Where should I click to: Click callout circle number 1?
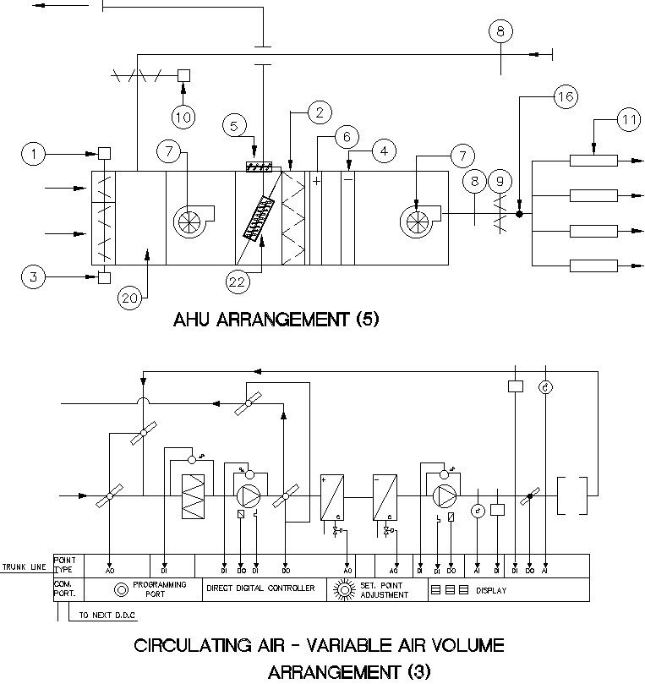[35, 154]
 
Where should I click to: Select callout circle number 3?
[35, 276]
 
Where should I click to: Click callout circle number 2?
[319, 112]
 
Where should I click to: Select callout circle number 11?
[627, 121]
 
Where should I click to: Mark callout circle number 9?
[501, 180]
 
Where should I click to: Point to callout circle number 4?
[384, 152]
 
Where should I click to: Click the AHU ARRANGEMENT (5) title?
[276, 320]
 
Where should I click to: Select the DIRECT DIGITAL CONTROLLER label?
[260, 588]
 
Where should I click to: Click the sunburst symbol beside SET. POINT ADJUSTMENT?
[342, 588]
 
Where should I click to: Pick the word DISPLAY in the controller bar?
[491, 591]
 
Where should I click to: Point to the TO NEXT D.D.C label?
[106, 616]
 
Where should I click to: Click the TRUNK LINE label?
[25, 566]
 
